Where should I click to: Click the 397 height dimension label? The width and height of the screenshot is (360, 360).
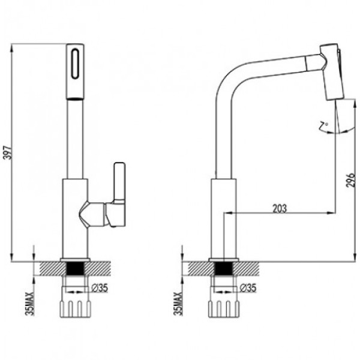8,152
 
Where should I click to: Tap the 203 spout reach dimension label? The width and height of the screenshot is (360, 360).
280,208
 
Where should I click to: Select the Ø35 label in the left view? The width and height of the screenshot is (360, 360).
100,288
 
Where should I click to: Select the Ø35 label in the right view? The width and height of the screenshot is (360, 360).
248,288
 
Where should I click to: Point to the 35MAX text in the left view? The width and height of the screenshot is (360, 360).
30,304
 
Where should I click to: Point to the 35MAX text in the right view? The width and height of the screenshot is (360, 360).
178,304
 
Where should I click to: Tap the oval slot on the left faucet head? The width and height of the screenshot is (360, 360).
75,64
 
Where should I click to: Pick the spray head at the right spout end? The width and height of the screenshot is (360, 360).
332,71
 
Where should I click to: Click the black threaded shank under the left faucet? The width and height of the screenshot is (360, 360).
75,268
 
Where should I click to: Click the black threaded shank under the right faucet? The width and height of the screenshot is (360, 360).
223,268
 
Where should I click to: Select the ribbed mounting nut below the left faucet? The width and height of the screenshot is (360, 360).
76,309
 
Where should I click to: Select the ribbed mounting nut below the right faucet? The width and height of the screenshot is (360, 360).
224,309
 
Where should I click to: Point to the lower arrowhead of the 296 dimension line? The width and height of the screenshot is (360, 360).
354,257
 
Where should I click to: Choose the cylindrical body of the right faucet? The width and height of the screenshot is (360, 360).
224,218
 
